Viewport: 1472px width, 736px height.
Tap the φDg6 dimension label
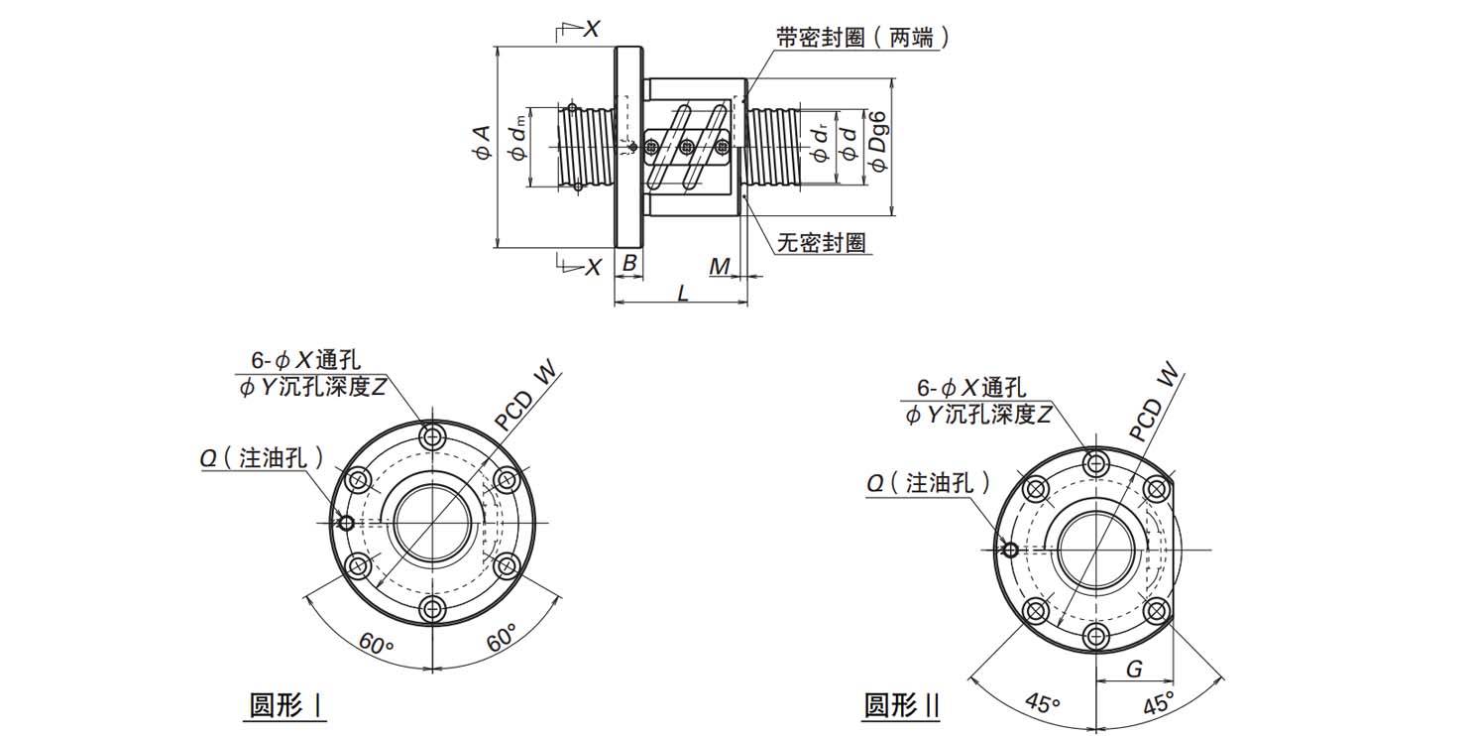[877, 144]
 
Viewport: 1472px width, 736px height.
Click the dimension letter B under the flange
[628, 265]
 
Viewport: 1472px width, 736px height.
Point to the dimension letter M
[721, 265]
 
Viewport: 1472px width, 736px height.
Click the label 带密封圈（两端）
[863, 38]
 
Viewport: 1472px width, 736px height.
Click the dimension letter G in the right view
[1135, 670]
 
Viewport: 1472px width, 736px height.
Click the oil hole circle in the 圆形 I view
[346, 524]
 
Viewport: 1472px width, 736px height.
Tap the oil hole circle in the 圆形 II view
[1009, 550]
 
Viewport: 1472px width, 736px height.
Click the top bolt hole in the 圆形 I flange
[432, 436]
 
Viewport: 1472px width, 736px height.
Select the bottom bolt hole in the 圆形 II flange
[1095, 636]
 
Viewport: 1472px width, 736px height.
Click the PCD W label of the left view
[527, 399]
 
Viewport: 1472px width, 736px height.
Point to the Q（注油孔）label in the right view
[928, 483]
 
